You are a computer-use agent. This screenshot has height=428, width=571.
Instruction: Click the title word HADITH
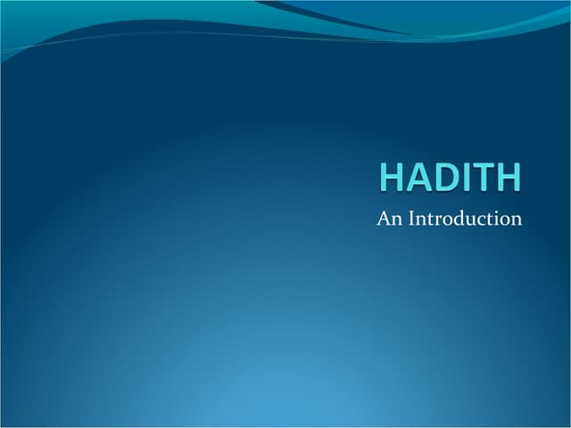(x=450, y=176)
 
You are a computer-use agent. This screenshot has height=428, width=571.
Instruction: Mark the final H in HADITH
(x=505, y=176)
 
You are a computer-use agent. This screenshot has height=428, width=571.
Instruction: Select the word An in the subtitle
(x=389, y=218)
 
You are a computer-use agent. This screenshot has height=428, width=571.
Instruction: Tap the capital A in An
(x=384, y=218)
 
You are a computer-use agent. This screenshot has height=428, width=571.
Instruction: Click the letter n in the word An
(x=396, y=219)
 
